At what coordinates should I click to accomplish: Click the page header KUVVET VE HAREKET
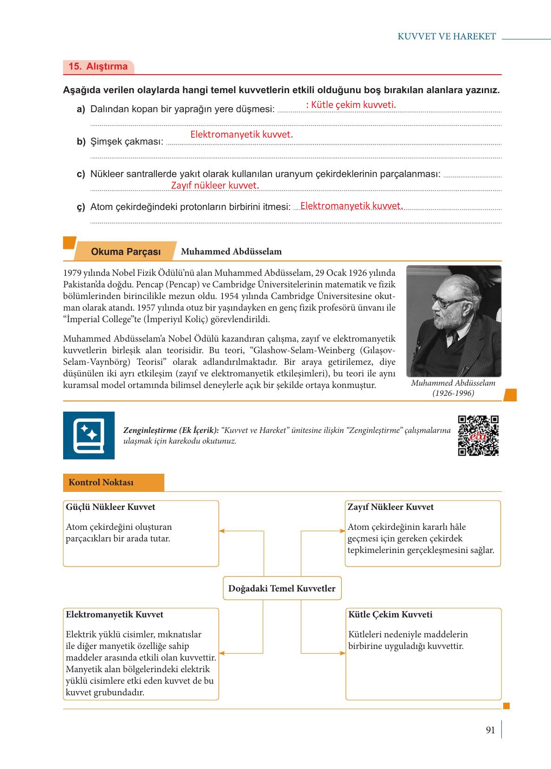[447, 37]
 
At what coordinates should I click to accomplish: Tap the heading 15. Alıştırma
[98, 66]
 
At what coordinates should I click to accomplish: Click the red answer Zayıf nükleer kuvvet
[215, 185]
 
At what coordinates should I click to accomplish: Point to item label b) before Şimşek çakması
[81, 142]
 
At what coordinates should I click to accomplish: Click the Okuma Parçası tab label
[126, 252]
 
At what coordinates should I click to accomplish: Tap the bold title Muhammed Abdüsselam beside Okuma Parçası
[231, 252]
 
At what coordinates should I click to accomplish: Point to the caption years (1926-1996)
[453, 393]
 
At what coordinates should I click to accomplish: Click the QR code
[478, 436]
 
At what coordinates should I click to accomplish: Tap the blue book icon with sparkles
[89, 436]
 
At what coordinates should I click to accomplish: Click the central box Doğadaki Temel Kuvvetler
[282, 588]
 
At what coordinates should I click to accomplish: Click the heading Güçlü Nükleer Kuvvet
[110, 507]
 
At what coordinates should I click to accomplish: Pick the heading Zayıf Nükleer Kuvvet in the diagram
[390, 507]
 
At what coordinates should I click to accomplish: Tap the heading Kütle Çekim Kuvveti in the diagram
[390, 615]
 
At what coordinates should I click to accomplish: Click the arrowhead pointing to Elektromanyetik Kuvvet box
[222, 653]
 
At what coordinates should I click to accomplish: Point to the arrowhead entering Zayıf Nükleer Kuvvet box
[343, 531]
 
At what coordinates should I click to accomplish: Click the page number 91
[490, 730]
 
